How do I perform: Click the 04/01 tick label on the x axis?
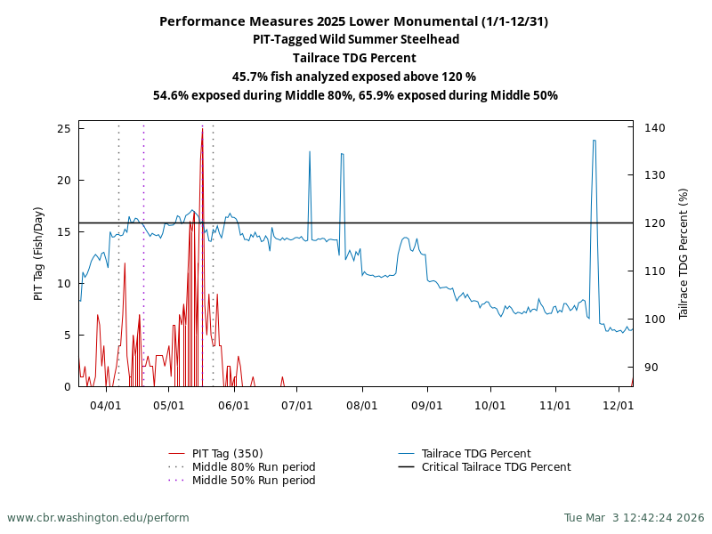click(x=106, y=405)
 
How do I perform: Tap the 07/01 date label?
click(x=297, y=405)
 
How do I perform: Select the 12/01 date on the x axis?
click(x=619, y=405)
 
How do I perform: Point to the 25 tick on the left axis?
click(x=64, y=129)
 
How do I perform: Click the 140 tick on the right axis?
click(x=654, y=128)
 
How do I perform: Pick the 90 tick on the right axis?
click(x=651, y=367)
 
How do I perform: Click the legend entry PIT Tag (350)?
click(x=227, y=454)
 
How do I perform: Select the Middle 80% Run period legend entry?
click(x=254, y=467)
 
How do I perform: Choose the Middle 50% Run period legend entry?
click(x=254, y=481)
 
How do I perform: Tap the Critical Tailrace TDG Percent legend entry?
click(x=496, y=467)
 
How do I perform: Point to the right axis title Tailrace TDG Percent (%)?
click(x=684, y=254)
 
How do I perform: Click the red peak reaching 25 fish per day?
click(x=202, y=130)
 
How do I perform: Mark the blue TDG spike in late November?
click(x=594, y=141)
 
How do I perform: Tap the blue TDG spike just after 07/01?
click(x=310, y=152)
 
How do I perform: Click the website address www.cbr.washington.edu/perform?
click(x=98, y=518)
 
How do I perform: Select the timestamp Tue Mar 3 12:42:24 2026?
click(x=634, y=518)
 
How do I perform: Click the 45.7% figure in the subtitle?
click(x=250, y=77)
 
